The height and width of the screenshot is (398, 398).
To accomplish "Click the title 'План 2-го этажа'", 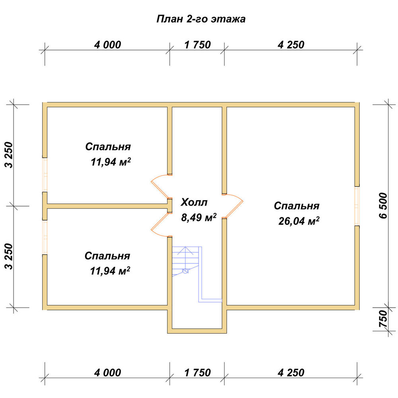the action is [201, 19].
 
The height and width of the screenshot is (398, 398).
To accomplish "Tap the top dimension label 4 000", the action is [107, 45].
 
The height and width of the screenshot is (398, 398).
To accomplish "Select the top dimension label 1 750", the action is [197, 45].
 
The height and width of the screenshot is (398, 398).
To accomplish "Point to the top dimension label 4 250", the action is [291, 45].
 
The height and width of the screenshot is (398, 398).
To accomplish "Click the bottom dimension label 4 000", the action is [107, 373].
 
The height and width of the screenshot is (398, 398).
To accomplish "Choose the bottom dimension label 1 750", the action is [197, 373].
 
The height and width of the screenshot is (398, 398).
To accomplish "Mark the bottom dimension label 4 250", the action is [291, 373].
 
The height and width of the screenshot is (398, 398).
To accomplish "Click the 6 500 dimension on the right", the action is [384, 206].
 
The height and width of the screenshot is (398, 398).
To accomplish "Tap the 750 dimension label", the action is [384, 319].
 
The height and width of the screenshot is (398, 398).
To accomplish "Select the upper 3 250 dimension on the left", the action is [9, 155].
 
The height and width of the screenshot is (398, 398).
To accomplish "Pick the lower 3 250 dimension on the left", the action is [9, 256].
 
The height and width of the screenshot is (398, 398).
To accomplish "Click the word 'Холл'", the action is [194, 202].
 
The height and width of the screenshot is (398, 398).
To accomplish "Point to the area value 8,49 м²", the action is [199, 217].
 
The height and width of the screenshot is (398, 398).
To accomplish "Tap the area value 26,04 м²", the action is [299, 221].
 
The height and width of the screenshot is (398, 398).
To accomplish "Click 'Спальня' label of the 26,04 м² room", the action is [297, 206].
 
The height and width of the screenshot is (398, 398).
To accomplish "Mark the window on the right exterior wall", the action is [357, 206].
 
